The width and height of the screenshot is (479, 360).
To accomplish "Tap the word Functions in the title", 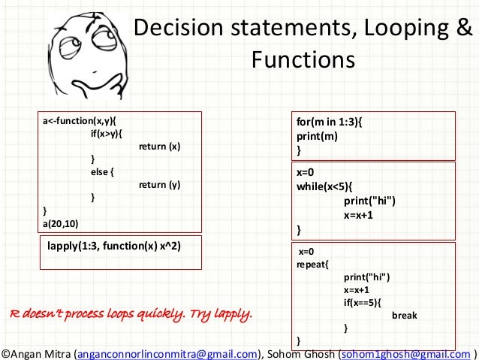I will [303, 59].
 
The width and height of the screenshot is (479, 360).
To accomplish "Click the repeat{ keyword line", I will [312, 265].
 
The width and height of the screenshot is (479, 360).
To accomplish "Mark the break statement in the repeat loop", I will [404, 316].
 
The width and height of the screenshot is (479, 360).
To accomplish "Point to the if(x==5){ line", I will [362, 303].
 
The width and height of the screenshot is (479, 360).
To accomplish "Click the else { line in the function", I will [102, 172].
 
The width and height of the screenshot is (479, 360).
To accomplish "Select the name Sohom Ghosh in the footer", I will [300, 352].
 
